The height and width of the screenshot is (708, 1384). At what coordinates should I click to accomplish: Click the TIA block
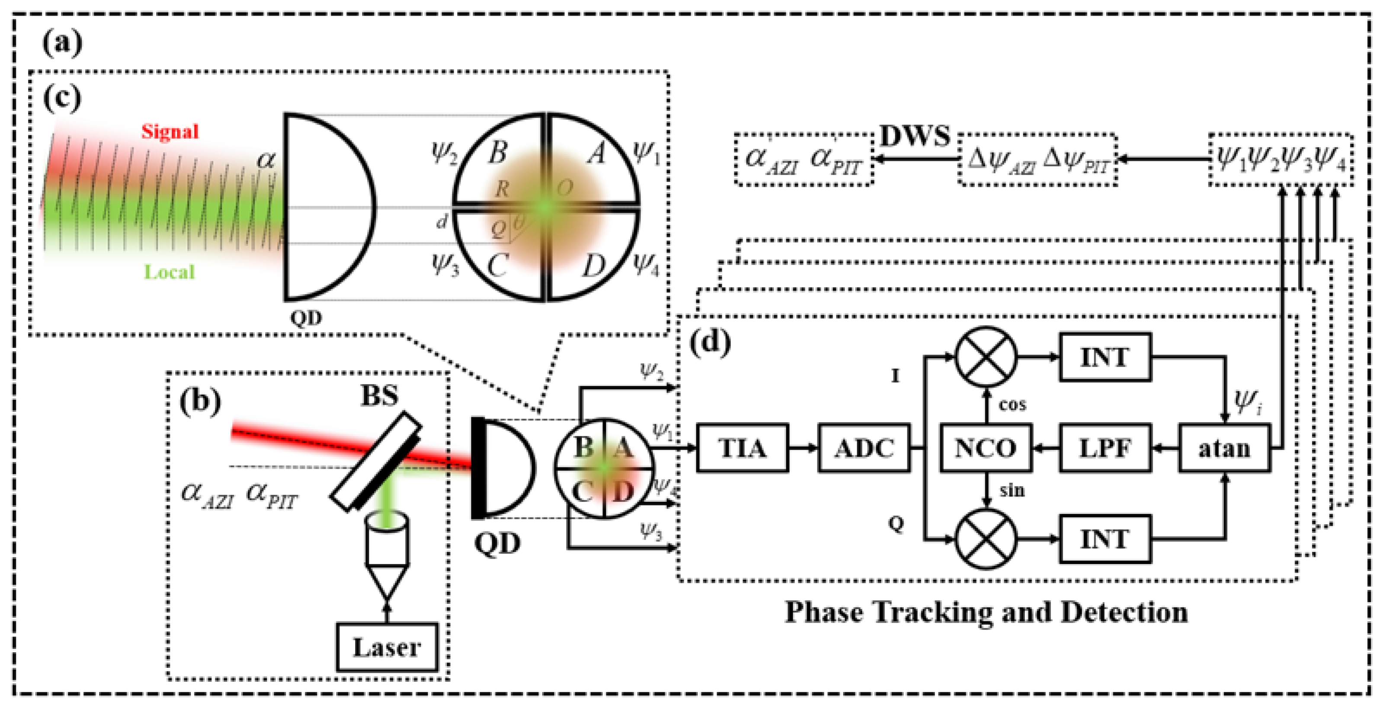[742, 448]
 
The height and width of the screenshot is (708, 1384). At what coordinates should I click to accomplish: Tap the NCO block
[985, 448]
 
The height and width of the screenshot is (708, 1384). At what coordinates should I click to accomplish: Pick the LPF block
[1105, 448]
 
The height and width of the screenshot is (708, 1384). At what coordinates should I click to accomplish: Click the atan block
[1224, 448]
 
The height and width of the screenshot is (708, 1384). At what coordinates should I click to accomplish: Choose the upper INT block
[1105, 357]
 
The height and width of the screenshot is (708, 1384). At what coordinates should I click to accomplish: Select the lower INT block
[1105, 539]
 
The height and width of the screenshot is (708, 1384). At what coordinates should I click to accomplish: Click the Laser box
[387, 647]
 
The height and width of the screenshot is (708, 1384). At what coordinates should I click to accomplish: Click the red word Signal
[170, 131]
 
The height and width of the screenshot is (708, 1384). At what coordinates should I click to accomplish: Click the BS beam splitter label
[379, 396]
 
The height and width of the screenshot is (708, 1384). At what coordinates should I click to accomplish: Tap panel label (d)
[710, 342]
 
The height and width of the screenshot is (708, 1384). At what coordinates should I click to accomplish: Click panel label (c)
[62, 98]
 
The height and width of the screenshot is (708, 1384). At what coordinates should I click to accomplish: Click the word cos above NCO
[1012, 404]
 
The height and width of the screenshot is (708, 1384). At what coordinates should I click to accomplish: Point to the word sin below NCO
[1012, 490]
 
